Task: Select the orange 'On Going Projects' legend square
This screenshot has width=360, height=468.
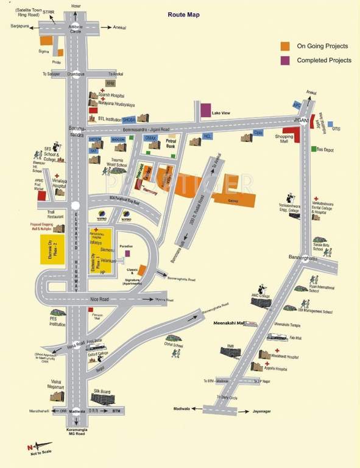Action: point(284,46)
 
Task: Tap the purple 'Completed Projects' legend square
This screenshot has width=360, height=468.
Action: point(284,60)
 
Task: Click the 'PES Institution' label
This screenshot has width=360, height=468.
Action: point(57,322)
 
